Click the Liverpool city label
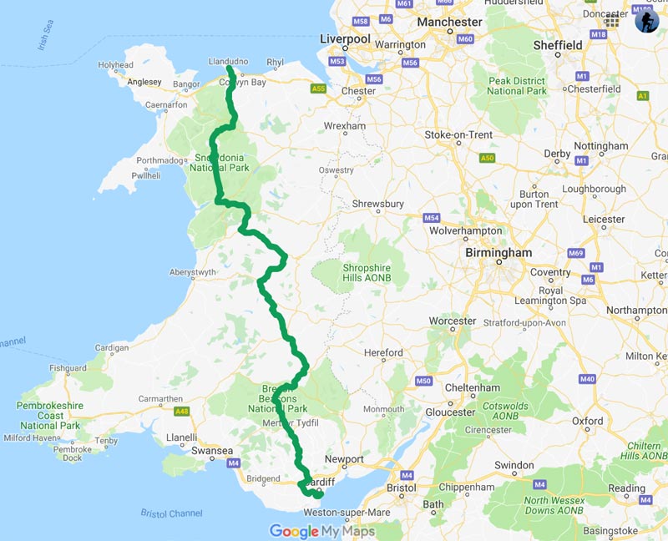346,39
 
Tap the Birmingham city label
498,253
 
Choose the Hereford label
384,353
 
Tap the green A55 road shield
318,87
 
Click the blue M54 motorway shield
431,218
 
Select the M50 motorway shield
423,382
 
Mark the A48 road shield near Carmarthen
181,412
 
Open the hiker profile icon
646,21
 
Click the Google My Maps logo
321,531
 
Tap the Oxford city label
588,422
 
